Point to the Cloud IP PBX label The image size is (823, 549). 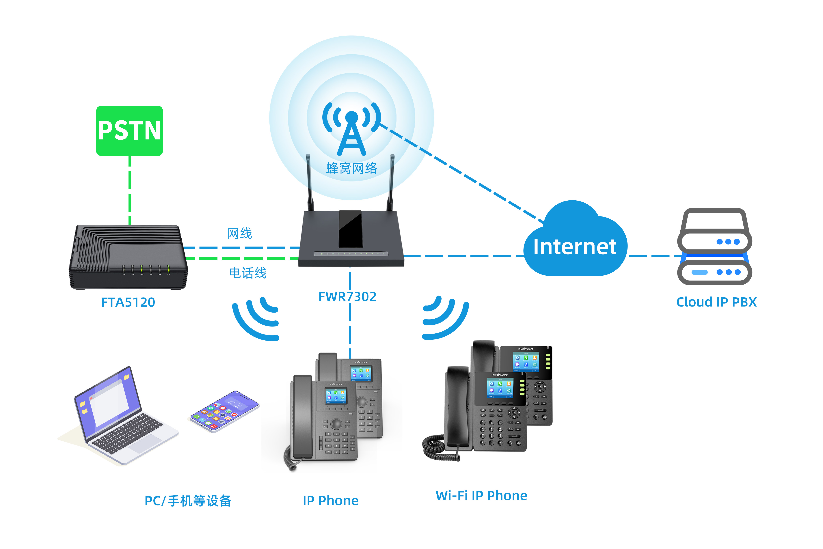point(716,302)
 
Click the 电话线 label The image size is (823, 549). point(248,273)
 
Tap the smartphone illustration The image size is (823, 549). point(224,411)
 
